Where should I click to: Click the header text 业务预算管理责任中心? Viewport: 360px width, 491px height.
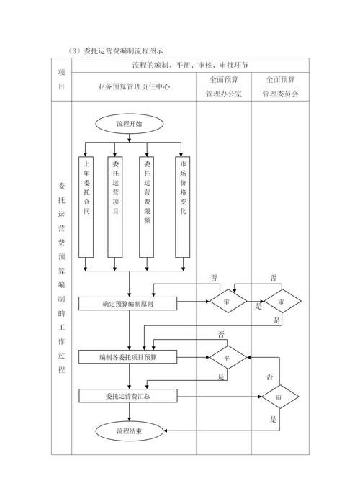click(133, 86)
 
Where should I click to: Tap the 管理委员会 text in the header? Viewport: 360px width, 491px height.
click(281, 94)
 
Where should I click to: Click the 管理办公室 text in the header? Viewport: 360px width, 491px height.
click(225, 94)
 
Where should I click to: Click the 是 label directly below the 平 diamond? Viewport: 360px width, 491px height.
click(221, 377)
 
